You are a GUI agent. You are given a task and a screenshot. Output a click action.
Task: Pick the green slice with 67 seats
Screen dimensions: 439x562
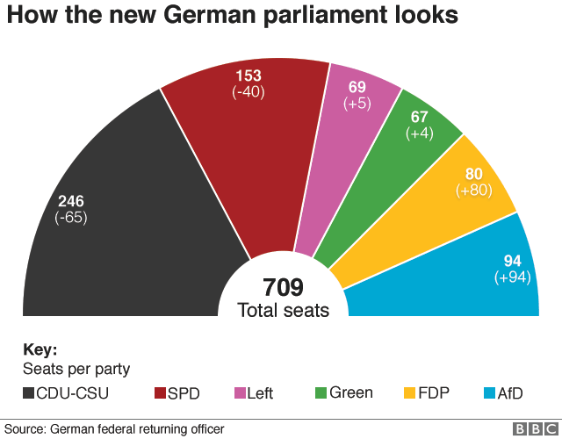tap(395, 176)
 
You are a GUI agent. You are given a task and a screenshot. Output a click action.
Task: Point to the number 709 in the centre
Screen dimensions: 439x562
tap(283, 287)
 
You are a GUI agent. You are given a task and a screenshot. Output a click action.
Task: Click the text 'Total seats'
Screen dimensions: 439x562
tap(283, 310)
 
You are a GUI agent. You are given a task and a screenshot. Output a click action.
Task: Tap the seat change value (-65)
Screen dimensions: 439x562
tap(70, 218)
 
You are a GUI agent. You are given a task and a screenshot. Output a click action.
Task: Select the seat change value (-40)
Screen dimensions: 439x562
tap(249, 92)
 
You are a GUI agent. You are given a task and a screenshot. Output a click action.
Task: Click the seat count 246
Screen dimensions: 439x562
tap(70, 201)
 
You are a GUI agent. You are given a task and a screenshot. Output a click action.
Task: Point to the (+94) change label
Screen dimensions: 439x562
tap(513, 277)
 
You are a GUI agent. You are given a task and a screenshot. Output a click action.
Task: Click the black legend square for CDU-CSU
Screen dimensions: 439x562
tap(29, 393)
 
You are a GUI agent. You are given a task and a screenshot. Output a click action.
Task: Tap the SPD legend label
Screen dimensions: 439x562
tap(184, 393)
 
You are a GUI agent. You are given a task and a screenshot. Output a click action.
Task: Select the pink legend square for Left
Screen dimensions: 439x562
tap(240, 393)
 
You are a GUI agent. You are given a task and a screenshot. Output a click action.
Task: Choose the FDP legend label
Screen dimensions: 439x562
tap(435, 393)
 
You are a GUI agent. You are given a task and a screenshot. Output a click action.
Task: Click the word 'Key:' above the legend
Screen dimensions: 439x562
tap(40, 349)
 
